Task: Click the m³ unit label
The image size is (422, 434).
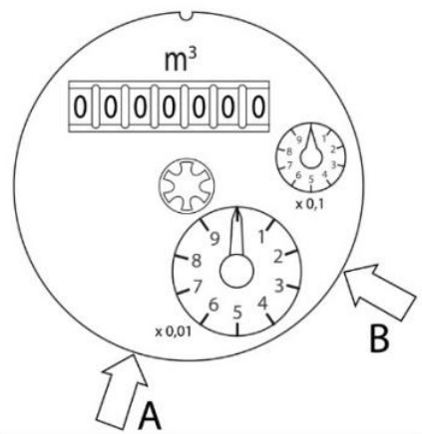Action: [x=181, y=62]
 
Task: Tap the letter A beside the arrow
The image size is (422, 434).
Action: [x=150, y=415]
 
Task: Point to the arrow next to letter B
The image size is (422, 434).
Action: [x=379, y=292]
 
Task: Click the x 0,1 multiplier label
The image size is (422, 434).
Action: [x=310, y=205]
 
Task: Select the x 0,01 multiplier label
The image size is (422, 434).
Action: [x=174, y=331]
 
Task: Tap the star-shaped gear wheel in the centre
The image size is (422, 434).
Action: [x=187, y=186]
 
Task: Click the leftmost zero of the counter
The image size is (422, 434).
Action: [x=80, y=107]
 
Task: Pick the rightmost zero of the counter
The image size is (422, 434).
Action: [x=258, y=107]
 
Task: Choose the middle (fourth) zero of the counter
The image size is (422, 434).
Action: [x=169, y=107]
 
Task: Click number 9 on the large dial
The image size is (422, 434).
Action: [x=215, y=238]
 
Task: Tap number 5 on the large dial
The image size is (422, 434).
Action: [x=237, y=313]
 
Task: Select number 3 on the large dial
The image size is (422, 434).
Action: [x=279, y=286]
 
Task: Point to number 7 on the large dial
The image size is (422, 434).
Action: [x=197, y=286]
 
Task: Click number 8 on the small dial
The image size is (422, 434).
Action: [x=289, y=152]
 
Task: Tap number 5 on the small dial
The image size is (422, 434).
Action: [x=311, y=179]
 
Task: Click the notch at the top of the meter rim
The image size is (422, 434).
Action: [x=188, y=16]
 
